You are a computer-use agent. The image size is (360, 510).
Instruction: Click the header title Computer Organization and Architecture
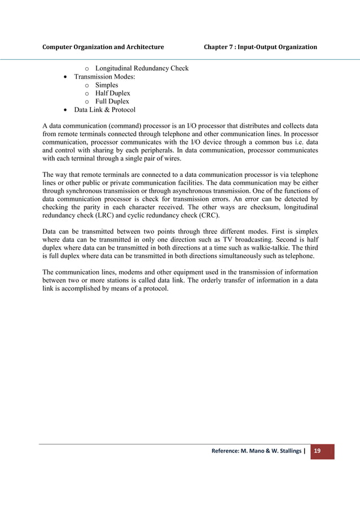[103, 46]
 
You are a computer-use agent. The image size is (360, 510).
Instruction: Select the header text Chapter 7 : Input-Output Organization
[260, 46]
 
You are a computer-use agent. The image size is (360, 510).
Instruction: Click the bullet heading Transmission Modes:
[99, 77]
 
